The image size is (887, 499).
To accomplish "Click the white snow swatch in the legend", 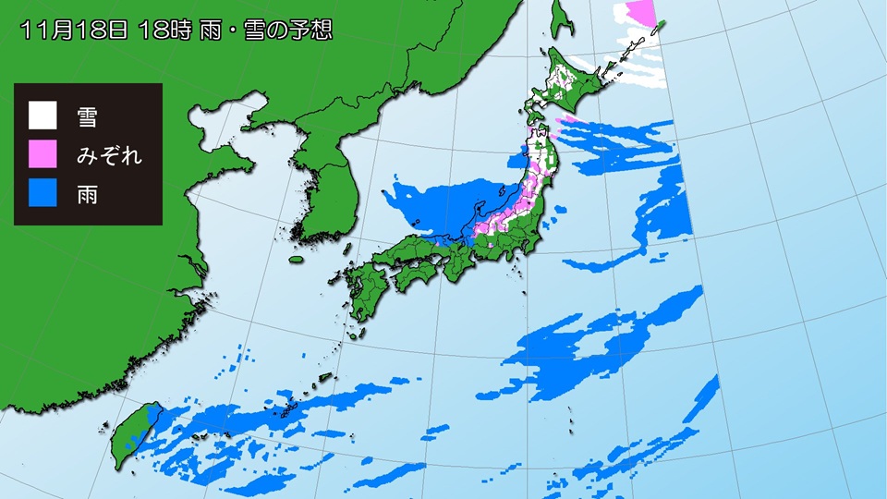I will coord(43,116).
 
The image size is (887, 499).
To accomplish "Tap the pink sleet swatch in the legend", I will coord(43,155).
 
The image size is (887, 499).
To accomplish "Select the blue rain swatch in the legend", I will coord(43,195).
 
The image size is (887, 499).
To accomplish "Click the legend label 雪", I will coord(86,116).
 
